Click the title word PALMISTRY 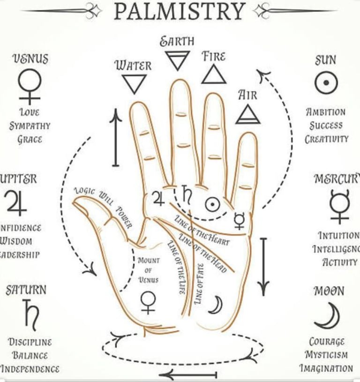tap(180, 11)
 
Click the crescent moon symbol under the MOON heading tap(328, 315)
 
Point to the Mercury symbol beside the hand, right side tap(339, 206)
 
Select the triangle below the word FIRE tap(214, 74)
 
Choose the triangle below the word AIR tap(247, 114)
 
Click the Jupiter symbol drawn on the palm tap(157, 199)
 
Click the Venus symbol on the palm tap(148, 301)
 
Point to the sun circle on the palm tap(212, 204)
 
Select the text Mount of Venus tap(148, 270)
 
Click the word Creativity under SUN tap(327, 139)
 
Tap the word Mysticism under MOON tap(327, 355)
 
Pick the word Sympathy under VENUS tap(30, 126)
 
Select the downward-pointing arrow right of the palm tap(264, 263)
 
